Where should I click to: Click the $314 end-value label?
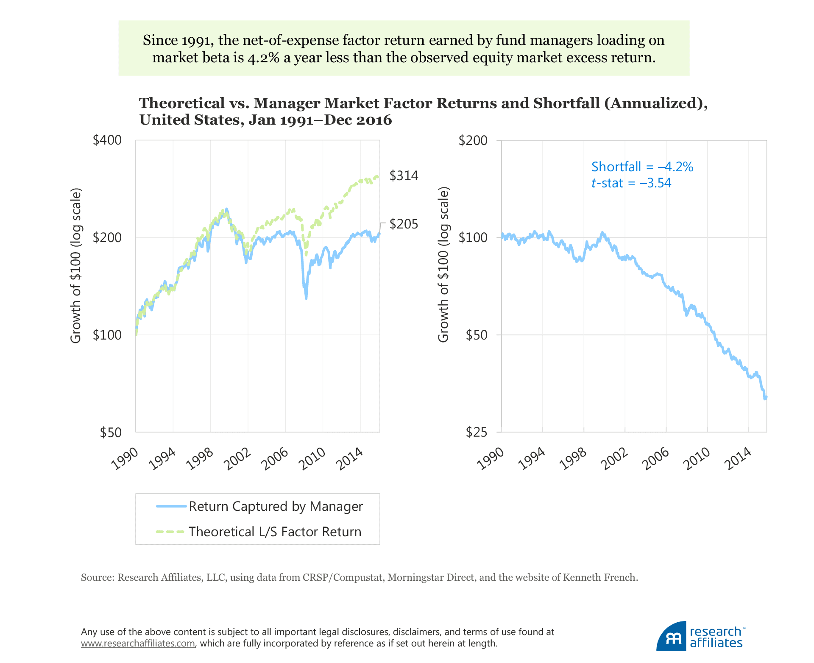pos(404,175)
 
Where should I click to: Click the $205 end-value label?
pos(404,224)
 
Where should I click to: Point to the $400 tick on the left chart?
pos(107,140)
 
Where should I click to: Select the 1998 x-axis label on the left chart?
pos(200,459)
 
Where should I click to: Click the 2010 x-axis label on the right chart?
pos(697,459)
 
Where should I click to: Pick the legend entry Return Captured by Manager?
pos(276,506)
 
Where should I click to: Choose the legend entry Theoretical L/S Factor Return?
pos(275,532)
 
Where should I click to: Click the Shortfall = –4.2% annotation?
pos(642,167)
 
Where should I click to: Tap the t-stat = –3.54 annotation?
pos(631,183)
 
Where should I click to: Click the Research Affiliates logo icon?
pos(671,637)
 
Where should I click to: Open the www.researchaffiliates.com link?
pos(138,643)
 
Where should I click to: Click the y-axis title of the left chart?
pos(75,266)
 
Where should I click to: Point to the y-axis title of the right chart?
pos(443,266)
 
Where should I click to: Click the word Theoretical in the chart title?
pos(182,103)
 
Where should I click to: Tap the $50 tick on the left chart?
pos(111,432)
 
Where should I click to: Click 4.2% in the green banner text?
pos(264,57)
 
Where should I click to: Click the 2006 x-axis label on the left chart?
pos(275,459)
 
